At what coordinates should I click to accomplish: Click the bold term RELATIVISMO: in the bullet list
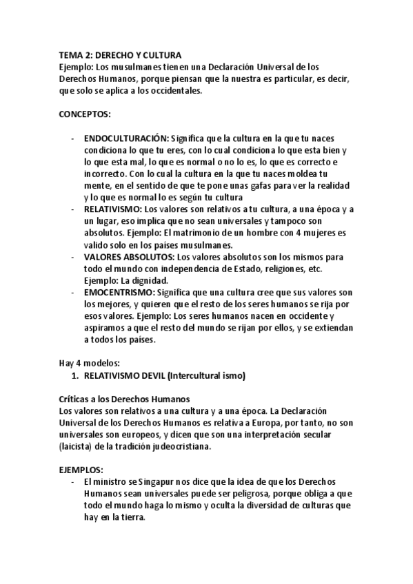tap(114, 208)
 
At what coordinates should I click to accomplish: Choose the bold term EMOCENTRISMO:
tap(117, 292)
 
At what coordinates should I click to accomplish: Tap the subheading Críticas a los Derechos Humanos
tap(125, 399)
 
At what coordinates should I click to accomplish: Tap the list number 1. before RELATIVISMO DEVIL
tap(75, 375)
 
